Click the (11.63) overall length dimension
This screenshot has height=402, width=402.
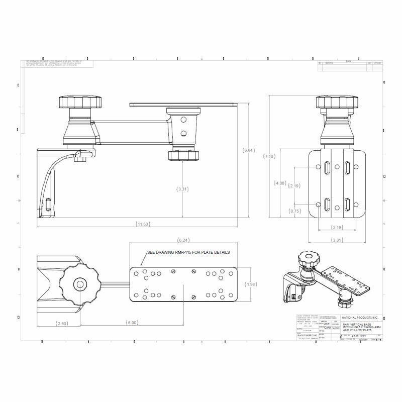(143, 224)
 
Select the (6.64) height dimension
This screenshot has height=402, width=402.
(249, 150)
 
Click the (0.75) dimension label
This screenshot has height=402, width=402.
(295, 211)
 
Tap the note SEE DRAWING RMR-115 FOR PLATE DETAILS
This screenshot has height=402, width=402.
(188, 252)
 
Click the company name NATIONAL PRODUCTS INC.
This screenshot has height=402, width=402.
(361, 318)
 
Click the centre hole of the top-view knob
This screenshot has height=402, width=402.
(80, 284)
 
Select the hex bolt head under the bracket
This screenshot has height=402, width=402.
(80, 160)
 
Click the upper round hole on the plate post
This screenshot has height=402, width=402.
(183, 120)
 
